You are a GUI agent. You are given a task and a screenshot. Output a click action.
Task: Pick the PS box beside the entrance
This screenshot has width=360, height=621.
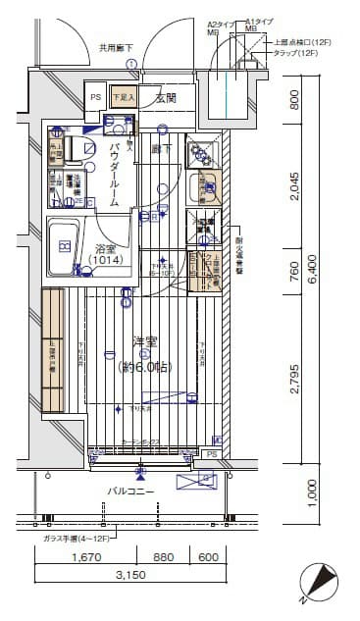[x=96, y=97]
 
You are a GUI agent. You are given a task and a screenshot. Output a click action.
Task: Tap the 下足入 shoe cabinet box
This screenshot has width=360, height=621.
[x=122, y=97]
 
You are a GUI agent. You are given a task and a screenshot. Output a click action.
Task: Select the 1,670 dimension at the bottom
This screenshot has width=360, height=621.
[x=86, y=558]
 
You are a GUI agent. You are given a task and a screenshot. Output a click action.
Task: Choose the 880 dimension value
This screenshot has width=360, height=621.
[x=164, y=558]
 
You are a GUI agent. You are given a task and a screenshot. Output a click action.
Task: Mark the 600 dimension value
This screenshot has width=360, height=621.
[x=207, y=558]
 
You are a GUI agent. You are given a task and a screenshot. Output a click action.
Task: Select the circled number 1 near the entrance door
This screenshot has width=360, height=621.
[x=131, y=65]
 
